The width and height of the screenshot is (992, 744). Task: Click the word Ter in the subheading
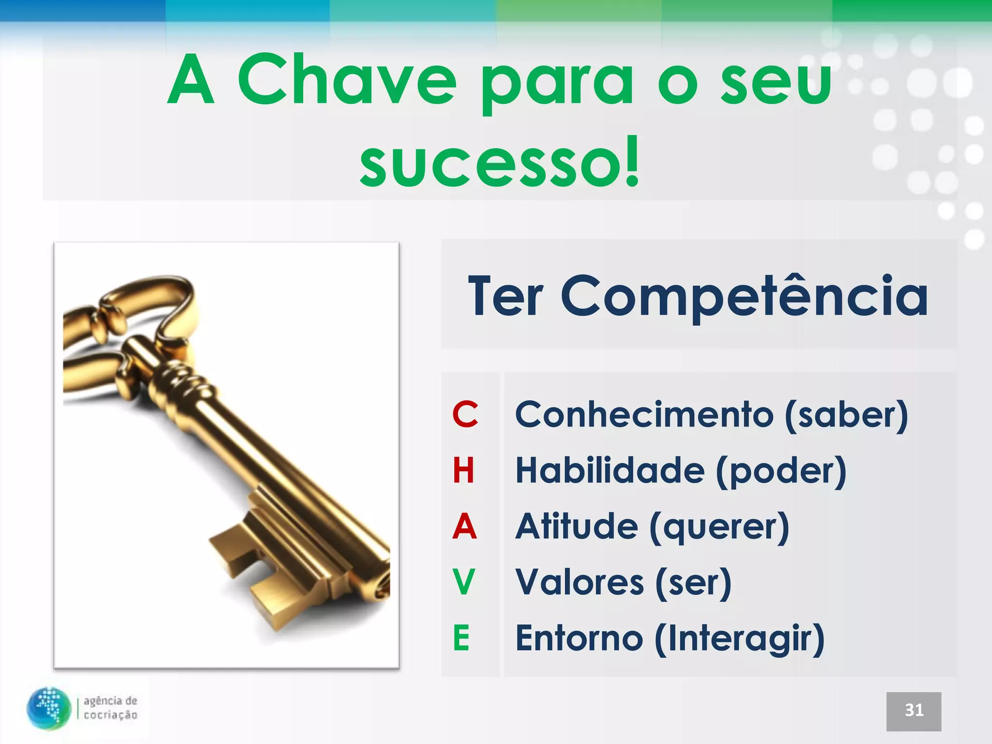coord(505,296)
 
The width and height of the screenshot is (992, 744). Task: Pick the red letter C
coord(465,415)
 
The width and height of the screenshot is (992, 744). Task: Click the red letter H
coord(464,470)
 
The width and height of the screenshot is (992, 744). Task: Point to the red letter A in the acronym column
coord(464,527)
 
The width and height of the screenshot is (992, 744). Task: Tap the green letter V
coord(464,582)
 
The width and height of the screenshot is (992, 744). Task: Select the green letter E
coord(462,638)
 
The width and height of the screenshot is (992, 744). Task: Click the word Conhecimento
coord(644,415)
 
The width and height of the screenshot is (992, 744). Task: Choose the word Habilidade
coord(610,471)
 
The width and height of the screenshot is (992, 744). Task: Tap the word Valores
coord(579,583)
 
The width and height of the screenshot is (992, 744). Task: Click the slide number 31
coord(914,711)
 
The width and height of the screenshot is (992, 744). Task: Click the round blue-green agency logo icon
coord(49,708)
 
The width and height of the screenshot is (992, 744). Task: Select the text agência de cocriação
coord(110,708)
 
